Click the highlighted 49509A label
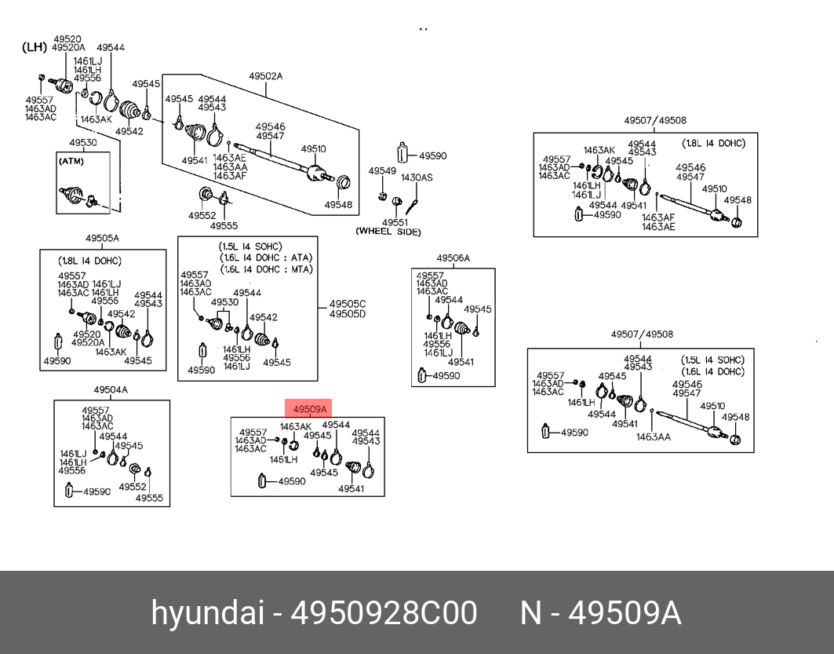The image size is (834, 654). click(309, 409)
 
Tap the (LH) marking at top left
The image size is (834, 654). click(35, 47)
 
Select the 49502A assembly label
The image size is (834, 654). click(265, 76)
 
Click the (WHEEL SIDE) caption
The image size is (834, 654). click(388, 232)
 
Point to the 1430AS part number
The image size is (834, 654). click(417, 177)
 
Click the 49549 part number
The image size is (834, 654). click(382, 171)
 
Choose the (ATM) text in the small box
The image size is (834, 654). click(71, 161)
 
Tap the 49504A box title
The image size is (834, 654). click(111, 389)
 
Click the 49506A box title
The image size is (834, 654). click(453, 258)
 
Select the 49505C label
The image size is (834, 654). click(348, 304)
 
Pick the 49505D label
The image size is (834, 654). click(348, 314)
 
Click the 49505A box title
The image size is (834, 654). click(102, 238)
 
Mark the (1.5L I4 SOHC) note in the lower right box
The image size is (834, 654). click(712, 360)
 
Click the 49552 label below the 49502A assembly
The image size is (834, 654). click(202, 216)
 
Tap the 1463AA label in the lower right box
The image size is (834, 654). click(654, 437)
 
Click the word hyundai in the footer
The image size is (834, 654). click(207, 612)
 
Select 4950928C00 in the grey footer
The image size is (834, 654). click(384, 612)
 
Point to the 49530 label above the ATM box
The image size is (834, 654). click(83, 143)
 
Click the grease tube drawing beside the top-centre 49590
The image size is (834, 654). click(402, 152)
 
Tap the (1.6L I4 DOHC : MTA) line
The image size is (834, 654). click(265, 269)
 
